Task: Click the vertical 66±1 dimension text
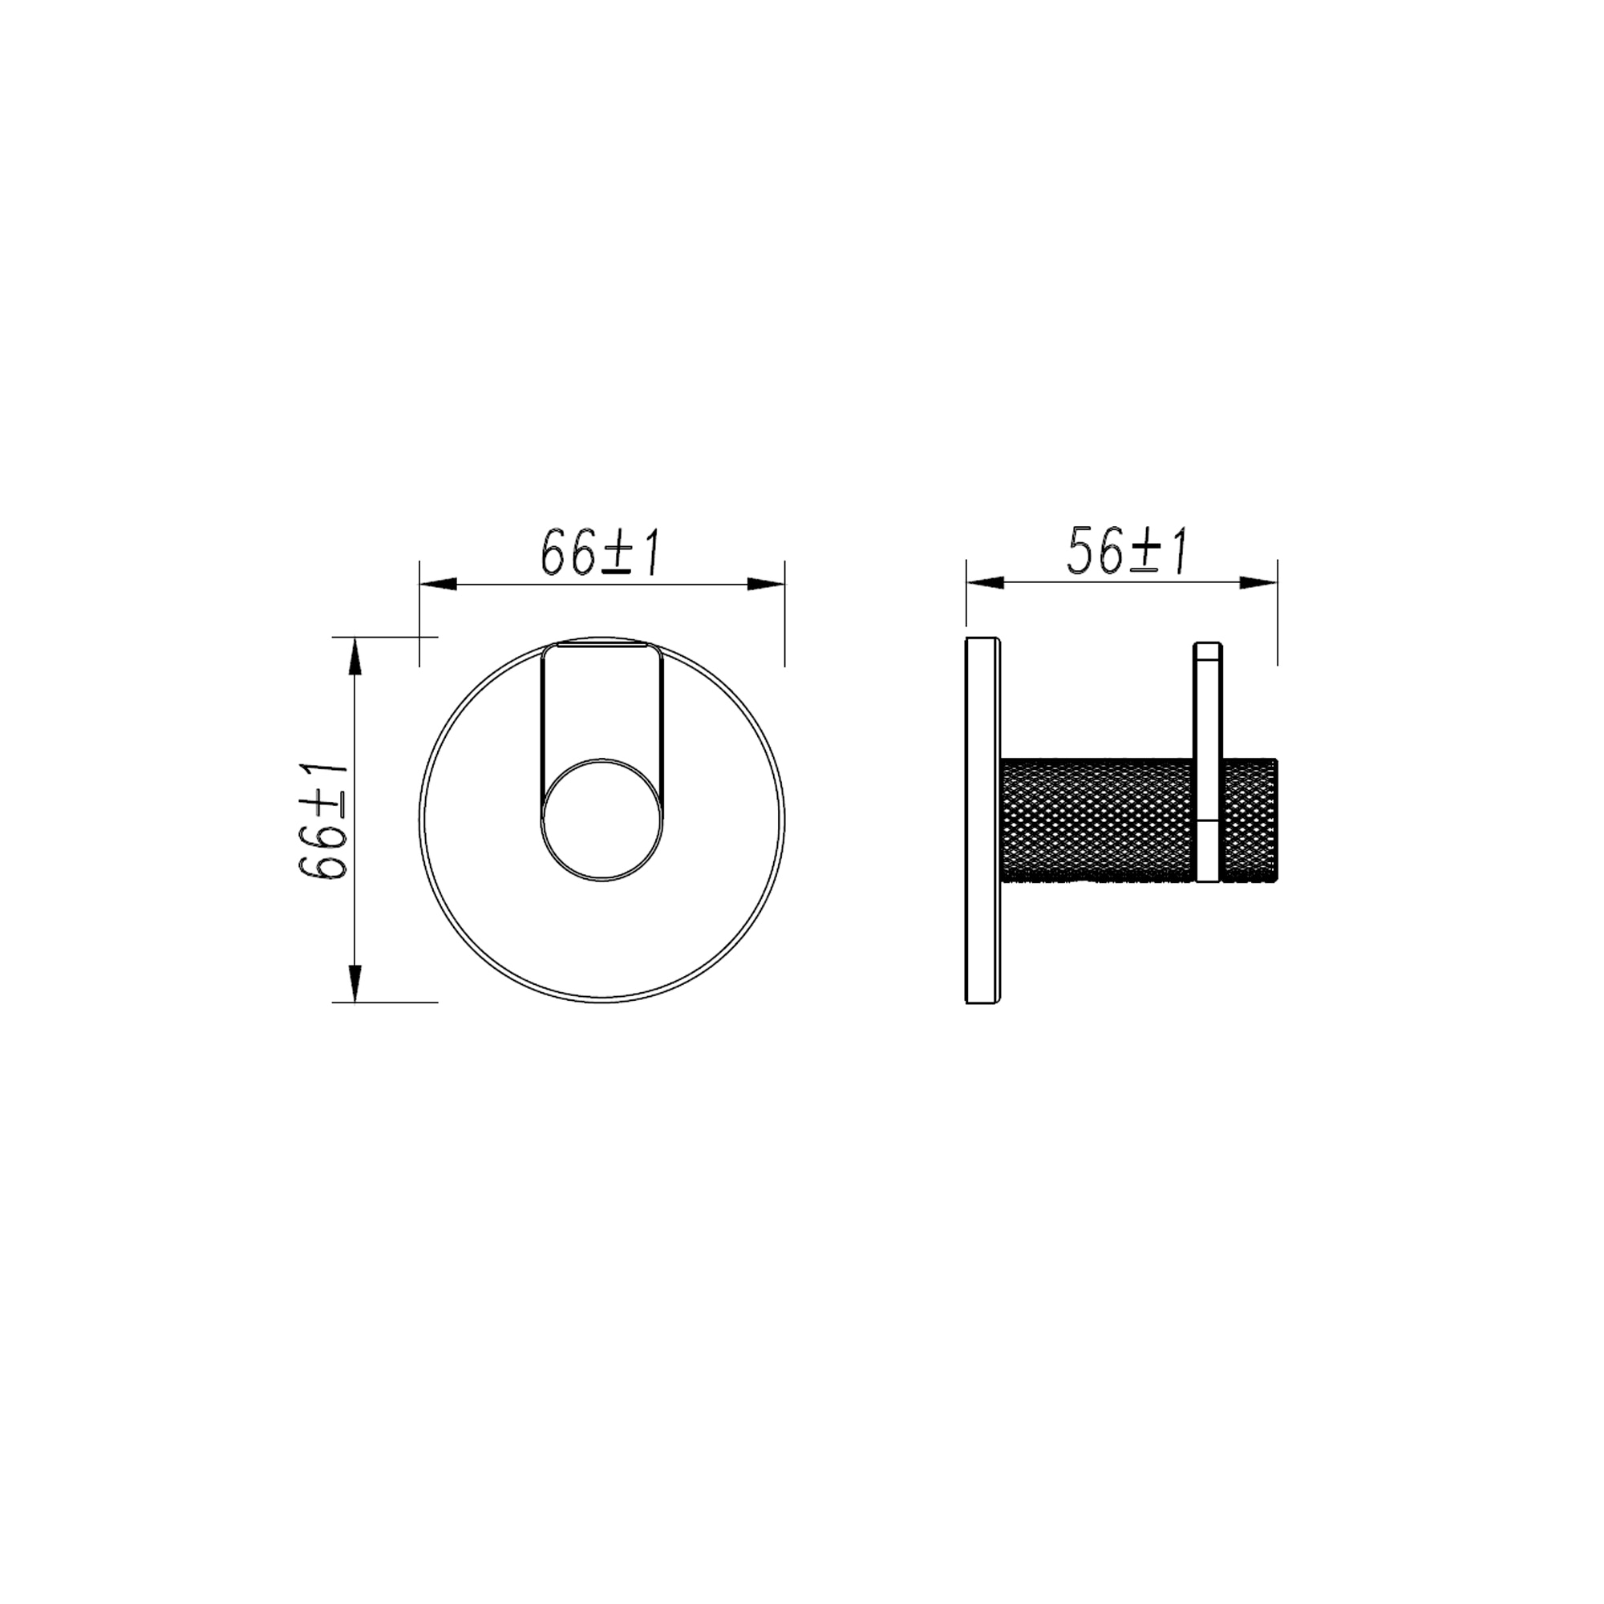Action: [x=323, y=820]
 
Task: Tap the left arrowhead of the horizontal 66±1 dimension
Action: [x=439, y=584]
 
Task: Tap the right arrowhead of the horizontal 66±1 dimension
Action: [x=765, y=584]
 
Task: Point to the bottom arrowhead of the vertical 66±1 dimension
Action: [x=355, y=983]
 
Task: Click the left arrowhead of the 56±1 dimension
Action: [x=986, y=584]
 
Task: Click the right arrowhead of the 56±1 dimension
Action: [x=1258, y=584]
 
